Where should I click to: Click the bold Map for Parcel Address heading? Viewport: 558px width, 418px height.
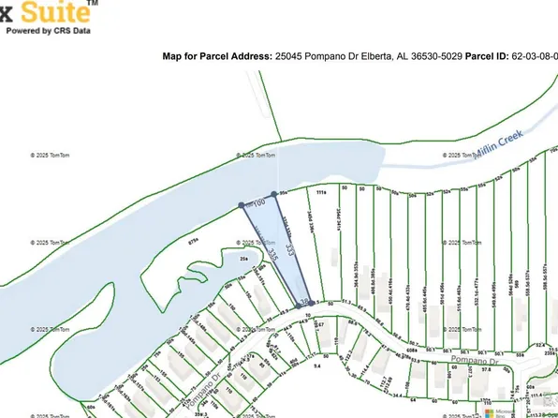point(217,56)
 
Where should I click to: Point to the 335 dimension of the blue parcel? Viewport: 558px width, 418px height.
point(272,253)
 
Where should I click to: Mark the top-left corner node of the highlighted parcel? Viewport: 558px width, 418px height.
point(242,204)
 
